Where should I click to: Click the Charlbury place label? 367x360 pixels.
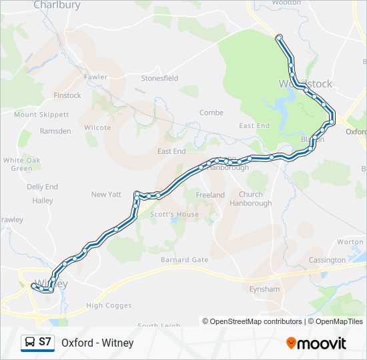[x=57, y=5]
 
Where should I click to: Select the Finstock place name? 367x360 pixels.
[x=67, y=95]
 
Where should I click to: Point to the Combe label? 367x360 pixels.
[x=211, y=113]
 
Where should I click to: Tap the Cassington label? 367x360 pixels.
[x=327, y=259]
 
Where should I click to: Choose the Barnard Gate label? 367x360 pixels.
[x=184, y=259]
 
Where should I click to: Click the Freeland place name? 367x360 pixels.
[x=210, y=195]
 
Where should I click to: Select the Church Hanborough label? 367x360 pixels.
[x=256, y=199]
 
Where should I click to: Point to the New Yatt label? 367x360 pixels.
[x=107, y=194]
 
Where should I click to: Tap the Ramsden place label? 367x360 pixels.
[x=55, y=131]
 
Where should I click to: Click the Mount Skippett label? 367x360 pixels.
[x=41, y=115]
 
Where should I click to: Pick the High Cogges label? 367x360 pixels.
[x=105, y=305]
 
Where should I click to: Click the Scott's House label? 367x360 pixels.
[x=174, y=214]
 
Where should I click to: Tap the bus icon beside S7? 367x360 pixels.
[x=30, y=343]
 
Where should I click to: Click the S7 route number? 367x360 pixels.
[x=45, y=343]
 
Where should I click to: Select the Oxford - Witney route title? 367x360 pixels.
[x=97, y=343]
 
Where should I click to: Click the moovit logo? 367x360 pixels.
[x=316, y=343]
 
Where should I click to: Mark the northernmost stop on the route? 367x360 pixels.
[x=279, y=37]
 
